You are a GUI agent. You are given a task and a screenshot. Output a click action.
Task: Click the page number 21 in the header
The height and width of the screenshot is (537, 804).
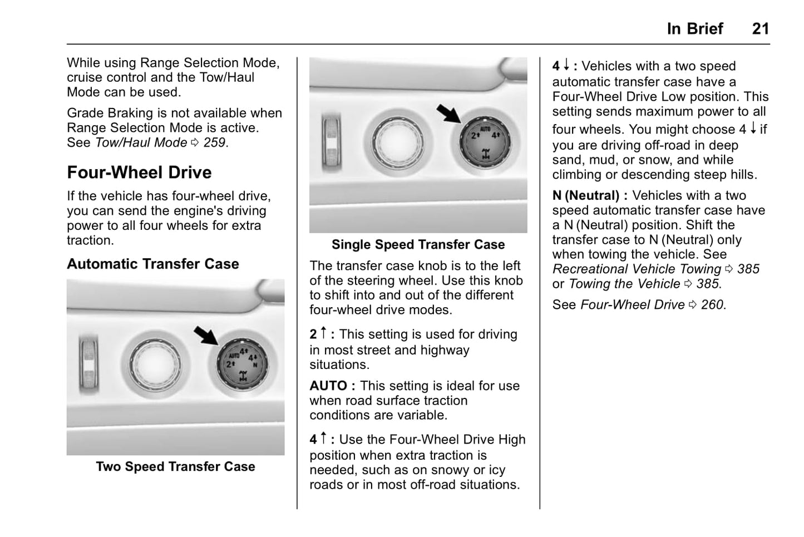(x=760, y=28)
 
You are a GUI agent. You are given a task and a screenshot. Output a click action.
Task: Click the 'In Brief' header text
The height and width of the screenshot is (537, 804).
(x=694, y=28)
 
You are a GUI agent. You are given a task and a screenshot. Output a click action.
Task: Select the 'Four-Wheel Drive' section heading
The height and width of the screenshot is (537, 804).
(x=139, y=173)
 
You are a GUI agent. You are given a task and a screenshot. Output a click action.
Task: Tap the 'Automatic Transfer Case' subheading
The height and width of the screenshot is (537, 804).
(x=153, y=264)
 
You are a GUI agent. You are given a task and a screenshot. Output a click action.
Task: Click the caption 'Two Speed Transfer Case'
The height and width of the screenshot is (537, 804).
(x=175, y=466)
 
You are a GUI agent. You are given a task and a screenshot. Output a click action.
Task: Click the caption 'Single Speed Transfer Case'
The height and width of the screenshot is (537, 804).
(x=418, y=244)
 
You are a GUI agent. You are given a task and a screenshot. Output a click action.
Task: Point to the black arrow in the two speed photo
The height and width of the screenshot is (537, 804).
(x=206, y=336)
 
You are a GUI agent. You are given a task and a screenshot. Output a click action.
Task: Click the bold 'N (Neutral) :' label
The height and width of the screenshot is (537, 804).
(x=590, y=195)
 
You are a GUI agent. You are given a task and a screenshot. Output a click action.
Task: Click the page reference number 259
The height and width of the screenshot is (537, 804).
(x=215, y=142)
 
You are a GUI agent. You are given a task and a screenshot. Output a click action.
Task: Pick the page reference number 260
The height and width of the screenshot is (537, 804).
(x=713, y=304)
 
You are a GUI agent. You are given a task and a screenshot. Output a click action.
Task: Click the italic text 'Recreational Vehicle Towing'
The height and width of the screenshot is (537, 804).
(x=637, y=269)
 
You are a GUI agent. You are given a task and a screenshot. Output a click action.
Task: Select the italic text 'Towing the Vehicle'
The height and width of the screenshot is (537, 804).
(x=624, y=284)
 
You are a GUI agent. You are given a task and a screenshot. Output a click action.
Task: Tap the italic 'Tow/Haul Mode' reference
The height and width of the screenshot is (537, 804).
(x=141, y=142)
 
